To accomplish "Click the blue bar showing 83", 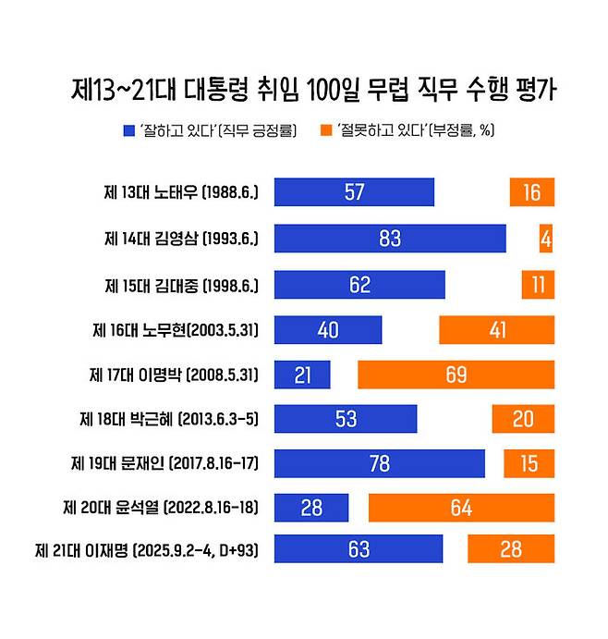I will point(390,238).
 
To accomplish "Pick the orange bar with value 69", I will point(456,375).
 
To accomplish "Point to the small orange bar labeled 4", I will point(546,238).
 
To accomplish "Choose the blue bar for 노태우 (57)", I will point(354,192).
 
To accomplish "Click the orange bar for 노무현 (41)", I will point(496,329).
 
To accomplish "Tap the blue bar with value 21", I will point(302,375).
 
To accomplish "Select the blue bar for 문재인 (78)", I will point(380,463).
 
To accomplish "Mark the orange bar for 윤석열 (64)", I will point(461,508).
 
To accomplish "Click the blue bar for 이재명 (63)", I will point(359,549).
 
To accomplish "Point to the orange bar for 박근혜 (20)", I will point(523,418).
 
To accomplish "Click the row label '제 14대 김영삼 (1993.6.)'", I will point(181,239).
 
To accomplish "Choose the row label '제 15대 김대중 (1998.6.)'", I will point(181,284).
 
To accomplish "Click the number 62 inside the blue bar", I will point(359,284).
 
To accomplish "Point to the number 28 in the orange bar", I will point(511,549).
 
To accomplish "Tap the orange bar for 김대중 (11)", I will point(537,284).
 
